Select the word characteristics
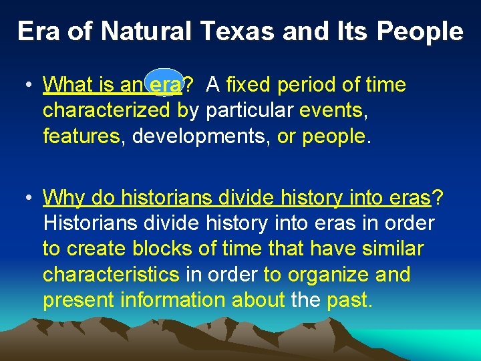(111, 274)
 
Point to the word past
(348, 299)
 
